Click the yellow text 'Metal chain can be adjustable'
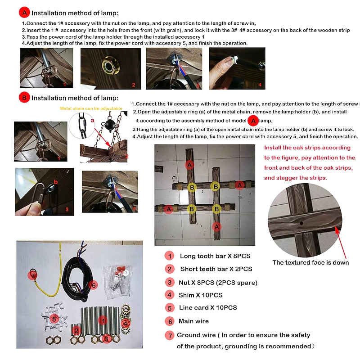click(91, 108)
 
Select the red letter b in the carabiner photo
click(55, 182)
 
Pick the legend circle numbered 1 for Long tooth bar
click(170, 256)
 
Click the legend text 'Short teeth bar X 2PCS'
click(216, 269)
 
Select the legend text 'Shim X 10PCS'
click(201, 295)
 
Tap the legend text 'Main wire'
click(194, 321)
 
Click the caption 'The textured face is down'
click(310, 262)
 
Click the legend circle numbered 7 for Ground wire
click(169, 335)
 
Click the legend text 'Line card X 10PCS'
click(208, 308)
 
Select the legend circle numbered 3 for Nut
click(170, 282)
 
